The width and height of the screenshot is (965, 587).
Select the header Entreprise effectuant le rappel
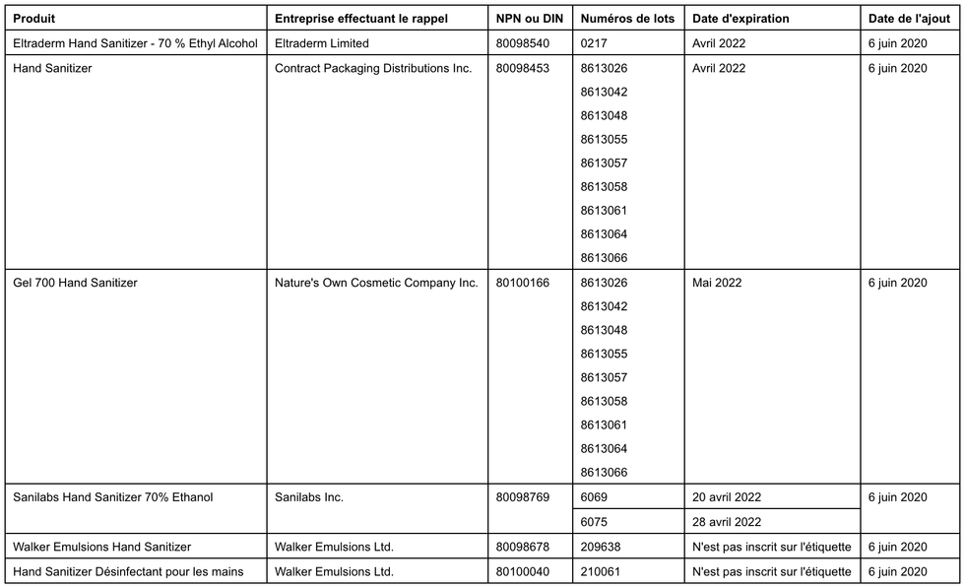tap(360, 19)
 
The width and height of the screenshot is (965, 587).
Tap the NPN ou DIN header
tap(528, 19)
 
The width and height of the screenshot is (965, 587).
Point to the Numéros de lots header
tap(627, 19)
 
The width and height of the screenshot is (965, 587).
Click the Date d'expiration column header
tap(740, 19)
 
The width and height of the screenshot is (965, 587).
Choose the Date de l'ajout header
tap(909, 19)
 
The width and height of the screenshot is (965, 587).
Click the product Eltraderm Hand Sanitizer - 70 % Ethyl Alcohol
tap(135, 43)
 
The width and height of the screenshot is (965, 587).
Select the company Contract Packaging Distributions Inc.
tap(373, 68)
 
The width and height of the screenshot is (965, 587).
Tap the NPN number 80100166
tap(523, 283)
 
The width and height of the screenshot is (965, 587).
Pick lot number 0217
tap(595, 43)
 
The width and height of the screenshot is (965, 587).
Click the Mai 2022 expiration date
tap(717, 283)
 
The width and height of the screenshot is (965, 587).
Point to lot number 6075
tap(595, 522)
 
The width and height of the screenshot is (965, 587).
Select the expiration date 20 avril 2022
tap(727, 497)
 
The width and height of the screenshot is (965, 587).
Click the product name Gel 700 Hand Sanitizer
tap(75, 283)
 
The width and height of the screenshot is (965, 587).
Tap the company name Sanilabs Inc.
tap(309, 497)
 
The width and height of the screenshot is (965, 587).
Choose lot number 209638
tap(601, 547)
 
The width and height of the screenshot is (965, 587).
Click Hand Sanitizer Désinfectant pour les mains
tap(128, 571)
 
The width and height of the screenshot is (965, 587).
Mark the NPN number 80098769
tap(523, 497)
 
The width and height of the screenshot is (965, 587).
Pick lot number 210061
tap(601, 571)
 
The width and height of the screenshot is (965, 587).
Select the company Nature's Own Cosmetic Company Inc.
tap(376, 283)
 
